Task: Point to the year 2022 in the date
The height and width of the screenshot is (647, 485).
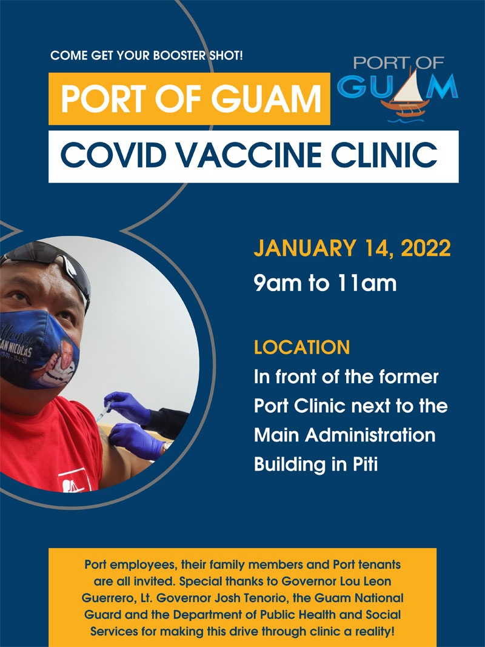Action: tap(426, 249)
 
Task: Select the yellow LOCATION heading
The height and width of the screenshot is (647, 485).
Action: tap(302, 347)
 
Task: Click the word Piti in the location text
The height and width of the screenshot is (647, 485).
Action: tap(366, 464)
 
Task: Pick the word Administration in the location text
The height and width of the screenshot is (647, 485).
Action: tap(370, 435)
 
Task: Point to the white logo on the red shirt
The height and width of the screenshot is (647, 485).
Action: tap(74, 482)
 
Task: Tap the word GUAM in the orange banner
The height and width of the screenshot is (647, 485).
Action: tap(266, 99)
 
